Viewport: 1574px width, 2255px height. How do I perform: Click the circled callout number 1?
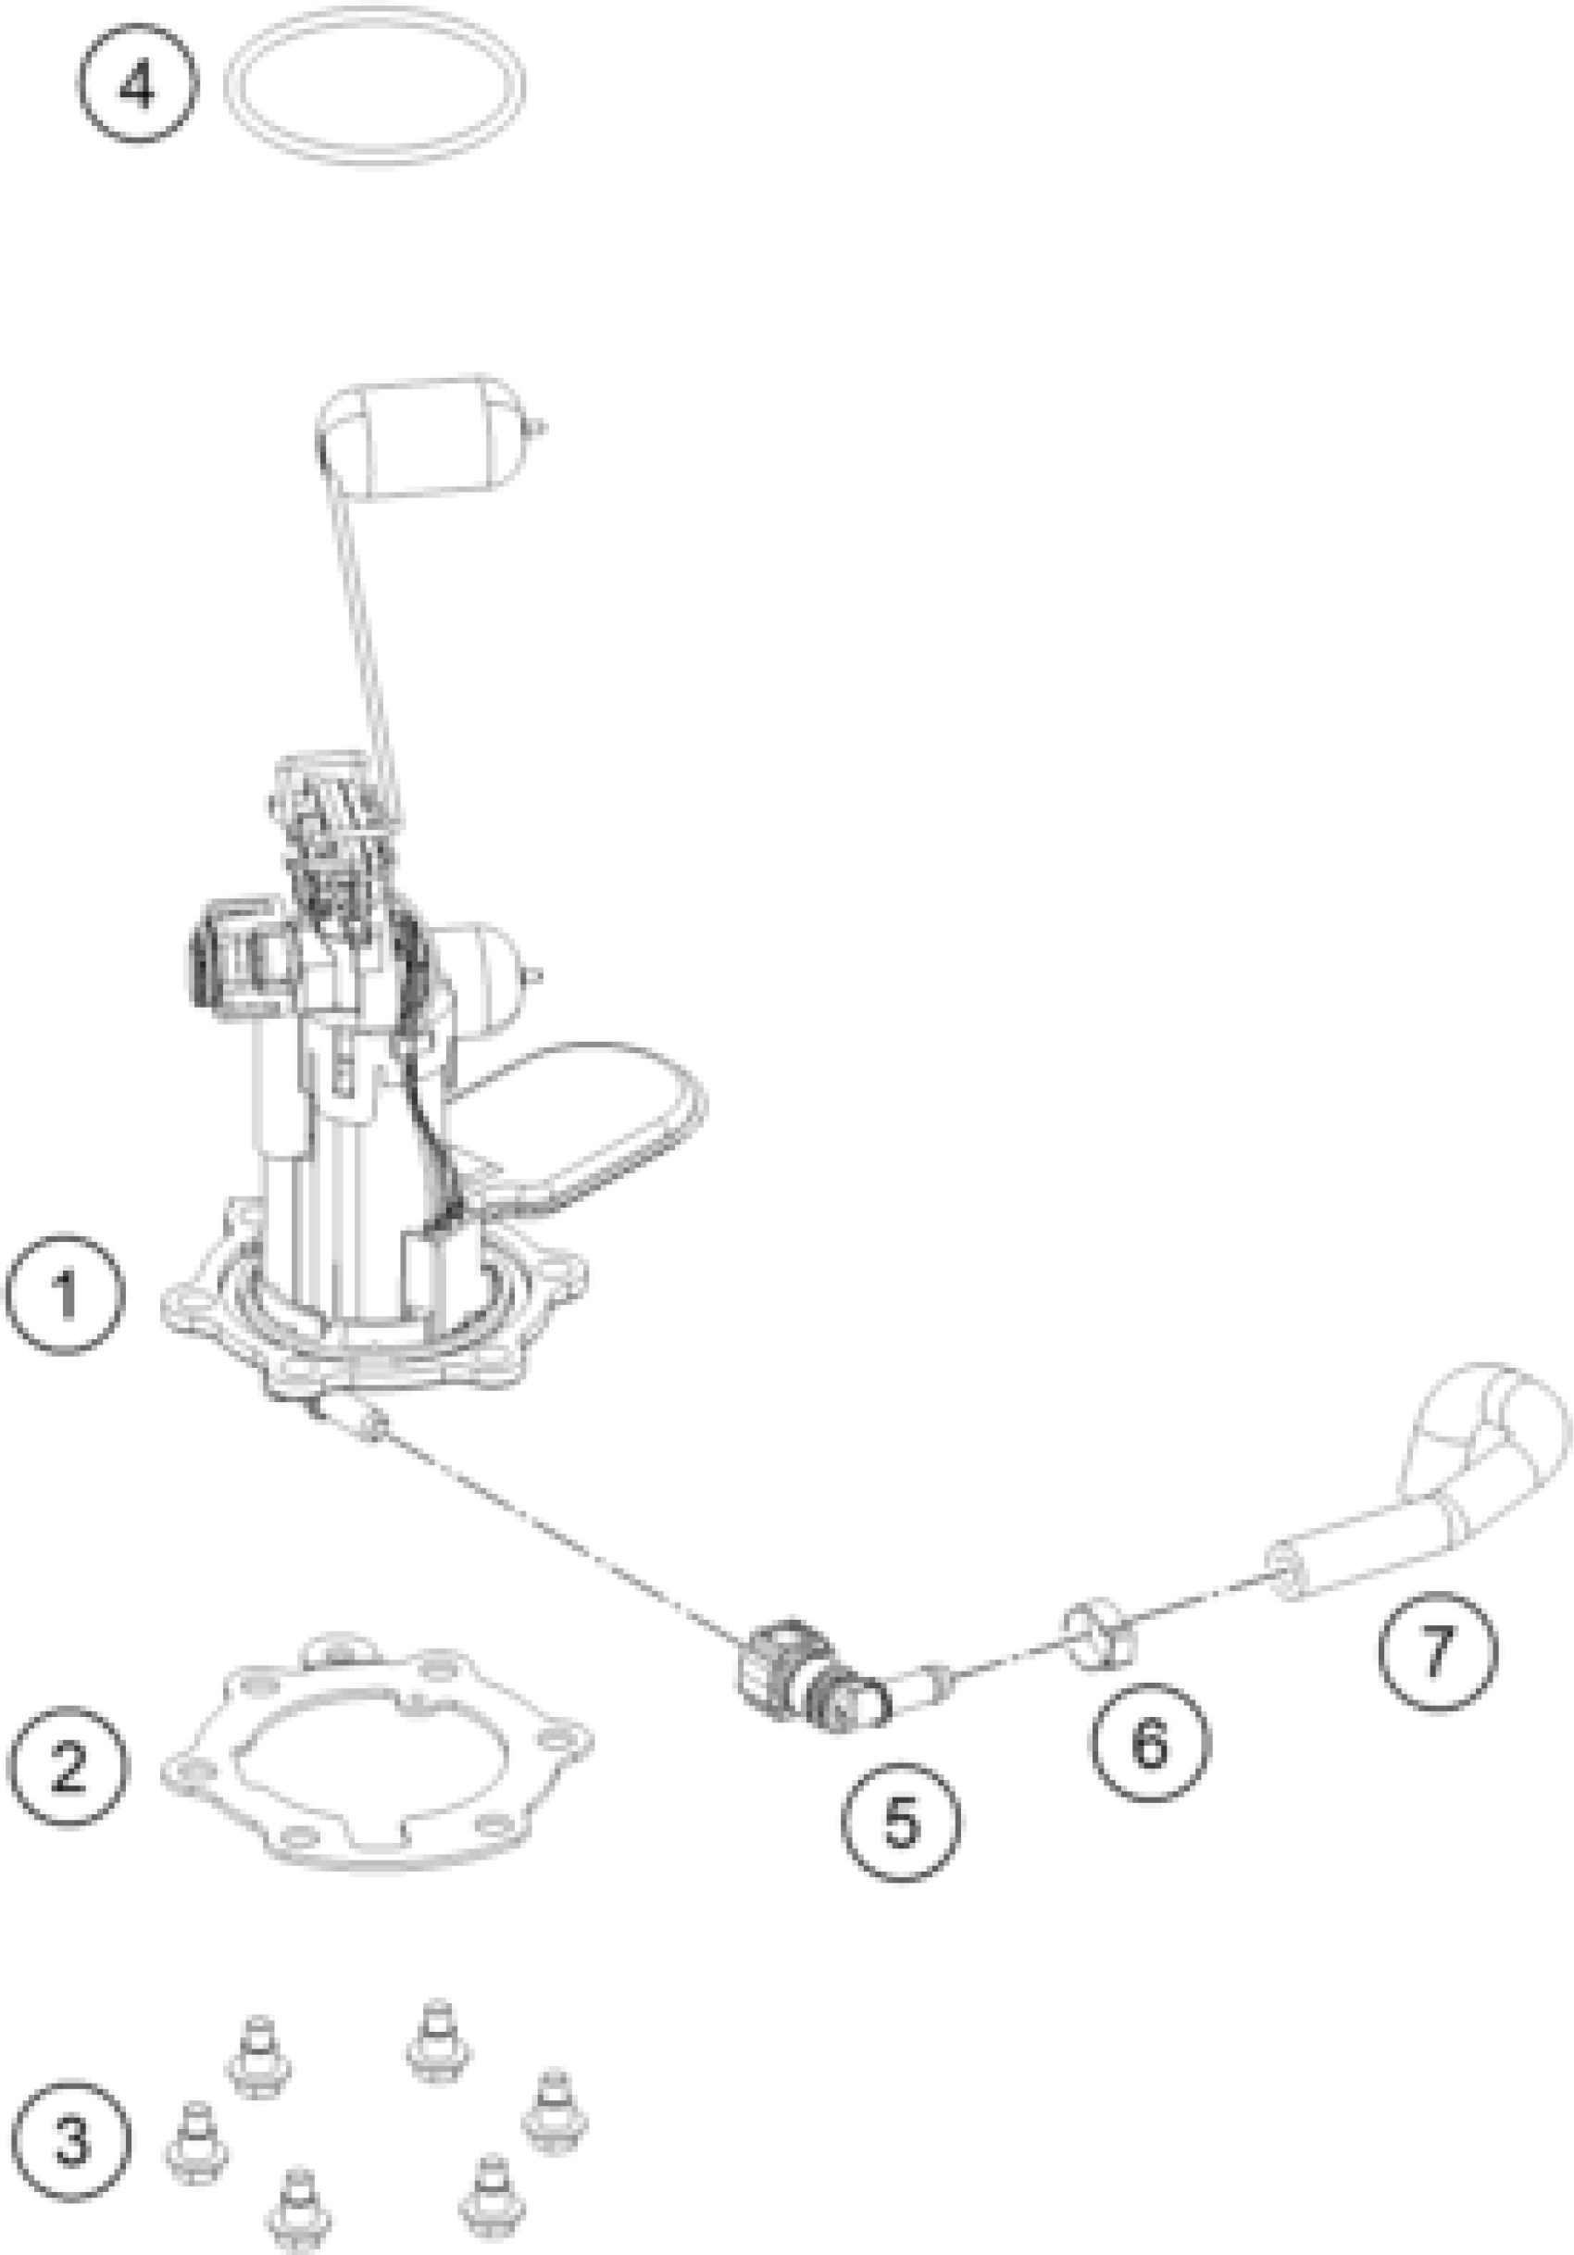pos(65,1294)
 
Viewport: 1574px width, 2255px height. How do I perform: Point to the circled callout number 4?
pos(137,84)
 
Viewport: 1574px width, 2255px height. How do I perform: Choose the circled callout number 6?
pos(1150,1743)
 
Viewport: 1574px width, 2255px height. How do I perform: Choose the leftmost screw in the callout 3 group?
pos(197,2141)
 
